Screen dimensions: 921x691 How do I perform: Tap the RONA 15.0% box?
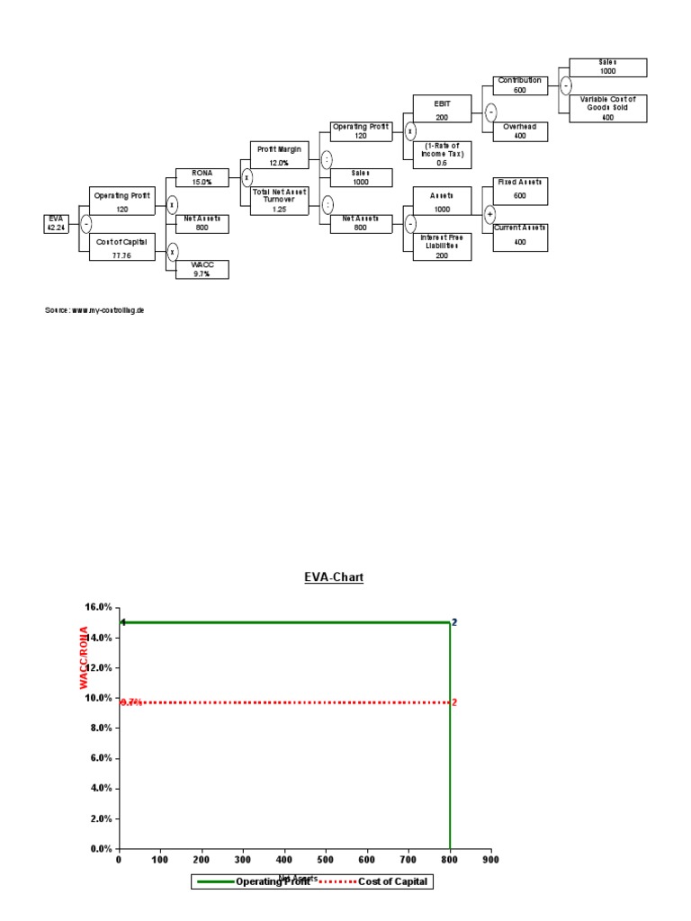coord(201,176)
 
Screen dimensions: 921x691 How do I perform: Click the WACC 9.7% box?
coord(201,269)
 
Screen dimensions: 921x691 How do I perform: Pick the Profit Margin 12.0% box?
coord(279,155)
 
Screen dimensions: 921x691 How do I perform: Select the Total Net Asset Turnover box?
coord(279,201)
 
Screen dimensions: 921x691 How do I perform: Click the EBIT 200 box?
coord(441,109)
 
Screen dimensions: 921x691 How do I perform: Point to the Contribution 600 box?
coord(519,85)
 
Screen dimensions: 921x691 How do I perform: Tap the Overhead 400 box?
coord(519,131)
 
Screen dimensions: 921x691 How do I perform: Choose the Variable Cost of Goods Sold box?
coord(607,108)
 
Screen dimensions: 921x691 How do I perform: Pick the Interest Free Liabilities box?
coord(441,246)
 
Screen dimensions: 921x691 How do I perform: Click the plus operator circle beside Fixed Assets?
coord(489,214)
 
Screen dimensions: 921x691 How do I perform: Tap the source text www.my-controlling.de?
coord(94,310)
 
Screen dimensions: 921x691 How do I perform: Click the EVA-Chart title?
coord(333,577)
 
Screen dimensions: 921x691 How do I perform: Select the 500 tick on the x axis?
coord(326,859)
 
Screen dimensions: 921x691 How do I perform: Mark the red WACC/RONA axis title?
coord(84,658)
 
